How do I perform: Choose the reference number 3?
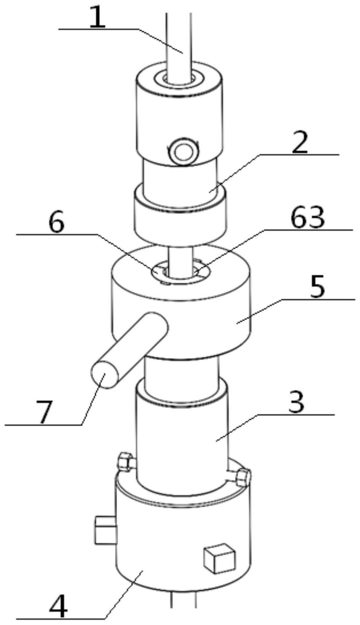[296, 403]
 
